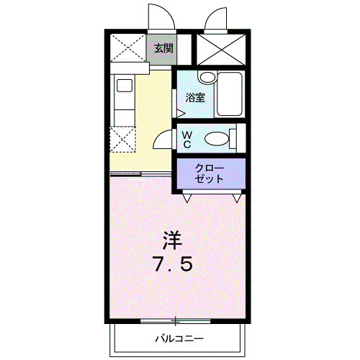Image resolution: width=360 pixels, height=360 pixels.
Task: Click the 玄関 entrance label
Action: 163,48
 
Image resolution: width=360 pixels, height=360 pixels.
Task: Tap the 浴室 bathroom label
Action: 194,98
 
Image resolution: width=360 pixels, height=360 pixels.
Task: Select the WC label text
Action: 186,139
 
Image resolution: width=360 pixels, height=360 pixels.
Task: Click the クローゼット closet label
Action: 210,173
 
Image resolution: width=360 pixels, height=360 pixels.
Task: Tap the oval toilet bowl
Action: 216,139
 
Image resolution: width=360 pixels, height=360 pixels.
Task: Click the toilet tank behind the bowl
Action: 233,138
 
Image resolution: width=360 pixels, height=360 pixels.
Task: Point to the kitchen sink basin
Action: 124,86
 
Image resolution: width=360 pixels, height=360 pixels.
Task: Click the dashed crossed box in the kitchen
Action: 122,140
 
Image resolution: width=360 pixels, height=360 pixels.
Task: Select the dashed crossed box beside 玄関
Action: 127,48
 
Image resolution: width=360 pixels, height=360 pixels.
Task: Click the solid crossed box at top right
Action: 221,49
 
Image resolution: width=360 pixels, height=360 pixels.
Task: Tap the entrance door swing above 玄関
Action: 158,18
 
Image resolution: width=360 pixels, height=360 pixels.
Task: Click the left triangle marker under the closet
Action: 186,197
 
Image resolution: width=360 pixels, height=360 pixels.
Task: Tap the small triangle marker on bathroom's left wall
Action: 180,111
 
